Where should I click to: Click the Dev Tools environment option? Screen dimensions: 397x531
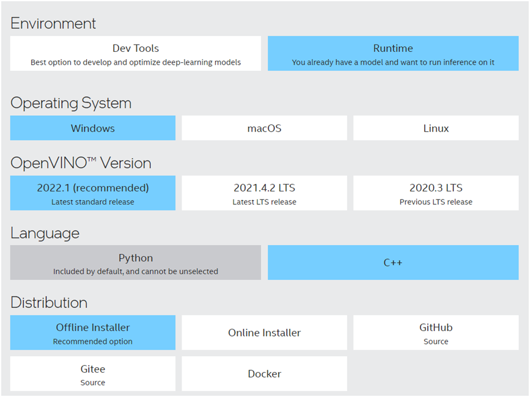pos(135,54)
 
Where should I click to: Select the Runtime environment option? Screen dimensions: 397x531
pos(393,54)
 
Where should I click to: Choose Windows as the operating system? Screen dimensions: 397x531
pos(93,128)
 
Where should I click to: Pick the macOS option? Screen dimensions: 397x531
pos(264,128)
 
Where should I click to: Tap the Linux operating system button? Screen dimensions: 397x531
pos(436,128)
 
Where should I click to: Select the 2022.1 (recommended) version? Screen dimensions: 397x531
pos(93,193)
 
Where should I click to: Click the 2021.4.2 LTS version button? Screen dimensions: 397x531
pos(264,193)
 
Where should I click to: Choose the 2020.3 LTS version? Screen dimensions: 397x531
pos(436,193)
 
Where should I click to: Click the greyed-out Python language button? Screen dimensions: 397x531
pos(135,263)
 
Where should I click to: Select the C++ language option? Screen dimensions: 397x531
pos(393,263)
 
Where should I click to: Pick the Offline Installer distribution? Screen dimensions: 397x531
pos(93,333)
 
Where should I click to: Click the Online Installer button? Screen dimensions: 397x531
pos(264,333)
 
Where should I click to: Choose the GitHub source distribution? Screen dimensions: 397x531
pos(436,333)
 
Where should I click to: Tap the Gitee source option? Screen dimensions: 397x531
pos(93,374)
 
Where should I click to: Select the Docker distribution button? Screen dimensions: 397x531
pos(264,374)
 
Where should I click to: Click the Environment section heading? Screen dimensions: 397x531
pos(53,24)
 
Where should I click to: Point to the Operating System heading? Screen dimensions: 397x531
pos(71,103)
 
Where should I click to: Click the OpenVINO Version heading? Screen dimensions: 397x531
pos(81,163)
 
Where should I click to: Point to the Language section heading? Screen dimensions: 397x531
pos(45,233)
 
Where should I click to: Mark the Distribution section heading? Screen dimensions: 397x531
pos(49,302)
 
